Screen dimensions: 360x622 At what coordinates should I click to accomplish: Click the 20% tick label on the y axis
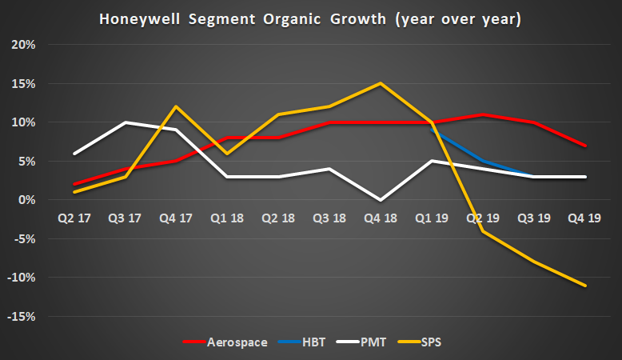click(24, 45)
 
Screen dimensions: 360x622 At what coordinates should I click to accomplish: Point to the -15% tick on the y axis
click(22, 317)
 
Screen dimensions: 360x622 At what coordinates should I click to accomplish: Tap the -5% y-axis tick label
click(25, 239)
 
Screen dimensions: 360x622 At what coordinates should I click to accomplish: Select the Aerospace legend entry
click(237, 342)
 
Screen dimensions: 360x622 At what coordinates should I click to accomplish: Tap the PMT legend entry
click(373, 342)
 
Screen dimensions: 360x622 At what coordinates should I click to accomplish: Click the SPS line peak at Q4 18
click(380, 83)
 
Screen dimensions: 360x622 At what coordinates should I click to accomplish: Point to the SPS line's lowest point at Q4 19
click(585, 286)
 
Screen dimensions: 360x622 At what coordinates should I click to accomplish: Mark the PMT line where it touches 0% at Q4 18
click(380, 200)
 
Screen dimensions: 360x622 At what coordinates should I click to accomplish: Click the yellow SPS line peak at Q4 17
click(174, 106)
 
